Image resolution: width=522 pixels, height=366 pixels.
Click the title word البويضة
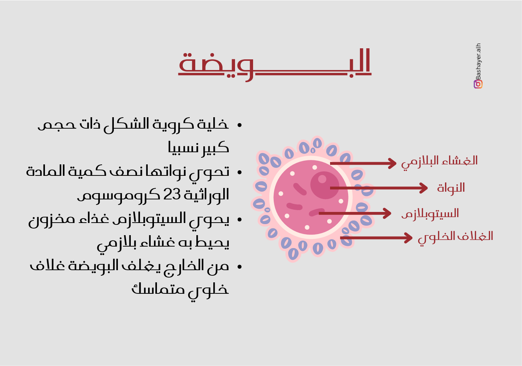coord(275,65)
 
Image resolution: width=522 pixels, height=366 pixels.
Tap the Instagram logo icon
coord(478,84)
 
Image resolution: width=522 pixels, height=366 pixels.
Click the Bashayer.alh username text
coord(478,62)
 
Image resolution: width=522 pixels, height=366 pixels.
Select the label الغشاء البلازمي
coord(439,162)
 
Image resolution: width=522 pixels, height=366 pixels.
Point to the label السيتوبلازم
coord(430,214)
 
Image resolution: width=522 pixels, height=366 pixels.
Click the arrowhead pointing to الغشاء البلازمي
coord(392,163)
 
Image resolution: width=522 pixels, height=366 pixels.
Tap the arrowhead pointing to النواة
coord(423,188)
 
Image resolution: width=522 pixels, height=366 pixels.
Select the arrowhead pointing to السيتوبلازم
coord(386,213)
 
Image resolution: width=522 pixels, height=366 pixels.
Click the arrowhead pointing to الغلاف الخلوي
coord(408,238)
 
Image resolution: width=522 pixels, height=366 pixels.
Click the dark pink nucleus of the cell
coord(325,185)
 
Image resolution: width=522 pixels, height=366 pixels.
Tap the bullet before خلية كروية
coord(239,125)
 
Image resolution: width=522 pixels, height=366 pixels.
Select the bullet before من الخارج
coord(239,266)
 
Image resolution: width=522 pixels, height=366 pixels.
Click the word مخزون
coord(52,220)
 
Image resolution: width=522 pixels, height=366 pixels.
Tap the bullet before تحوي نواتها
coord(239,172)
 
